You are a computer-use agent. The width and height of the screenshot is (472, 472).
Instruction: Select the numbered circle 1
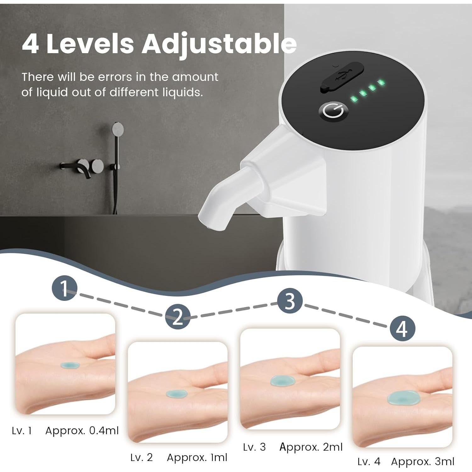[64, 288]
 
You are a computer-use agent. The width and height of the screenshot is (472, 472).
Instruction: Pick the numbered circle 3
[290, 301]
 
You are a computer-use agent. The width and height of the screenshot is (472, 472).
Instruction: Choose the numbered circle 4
[402, 329]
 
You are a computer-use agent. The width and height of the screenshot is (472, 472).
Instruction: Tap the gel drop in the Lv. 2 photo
[177, 394]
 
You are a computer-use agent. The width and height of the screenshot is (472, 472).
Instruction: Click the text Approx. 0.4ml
[82, 431]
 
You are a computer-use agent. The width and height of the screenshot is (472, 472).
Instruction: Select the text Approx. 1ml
[197, 458]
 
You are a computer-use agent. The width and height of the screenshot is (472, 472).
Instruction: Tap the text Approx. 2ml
[311, 447]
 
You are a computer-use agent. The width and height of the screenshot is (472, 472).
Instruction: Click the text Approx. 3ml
[423, 462]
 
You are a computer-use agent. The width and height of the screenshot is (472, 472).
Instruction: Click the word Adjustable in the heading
[219, 44]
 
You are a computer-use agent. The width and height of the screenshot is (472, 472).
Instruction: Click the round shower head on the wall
[118, 129]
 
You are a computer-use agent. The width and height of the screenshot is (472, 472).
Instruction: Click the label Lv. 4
[369, 462]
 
